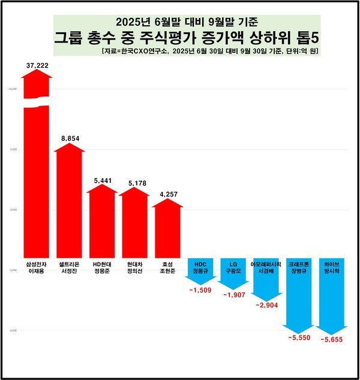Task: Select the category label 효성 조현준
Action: [x=166, y=267]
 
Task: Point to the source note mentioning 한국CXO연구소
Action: [x=210, y=52]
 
